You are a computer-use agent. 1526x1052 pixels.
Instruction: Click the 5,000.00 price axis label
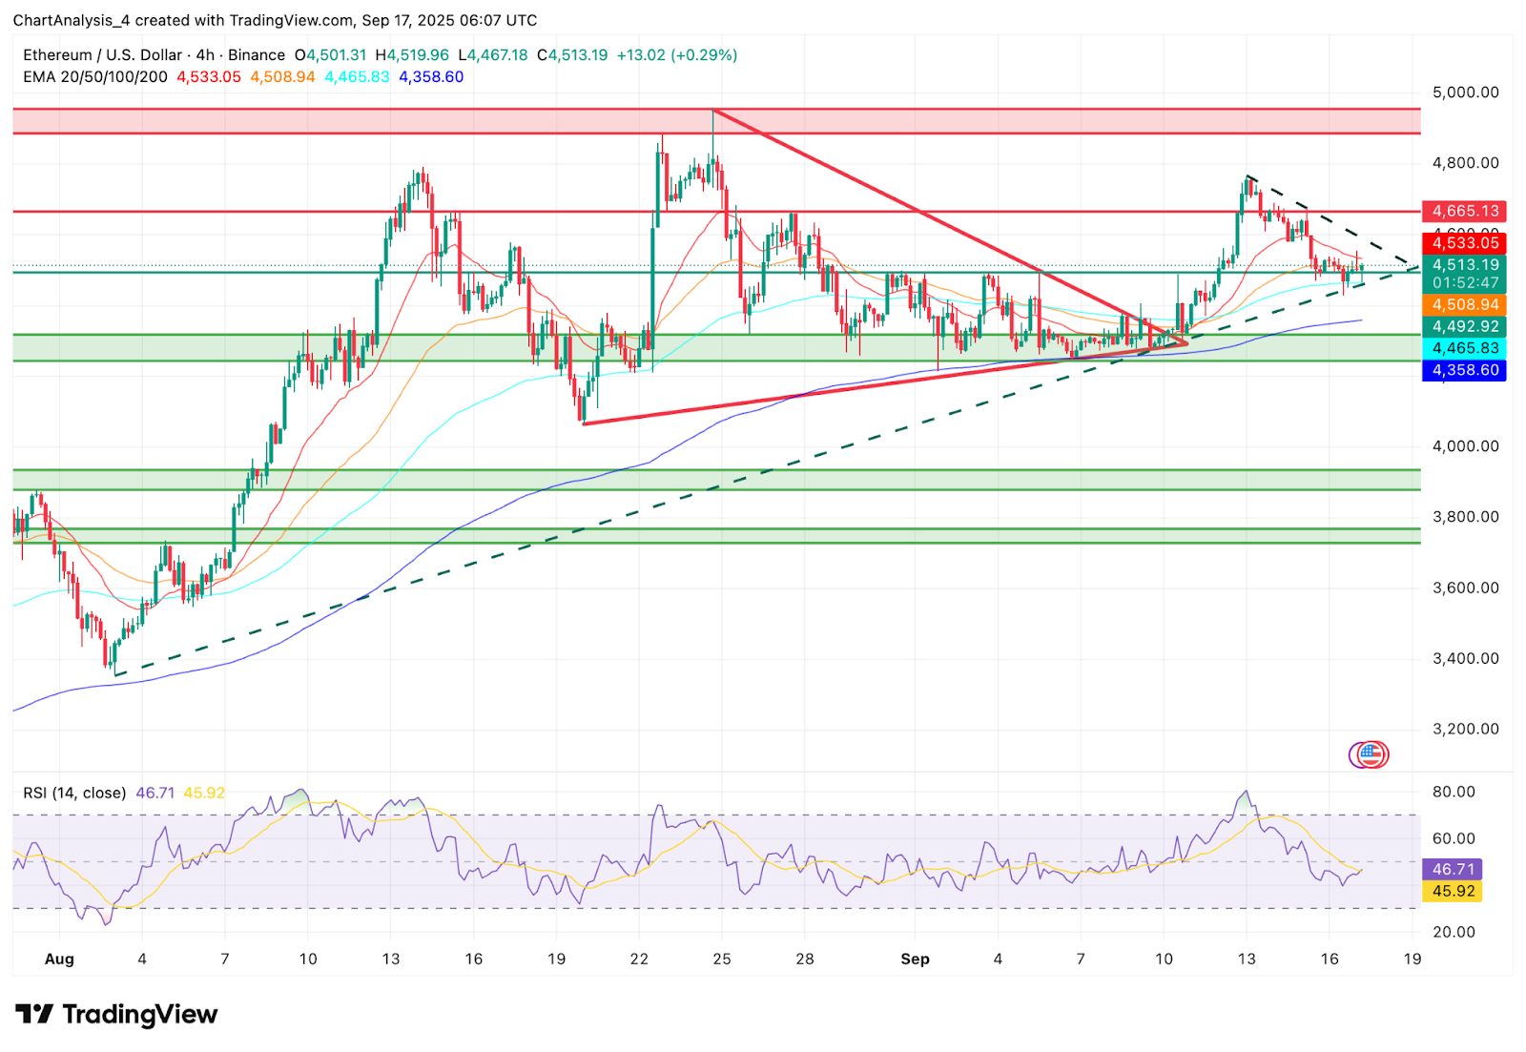1465,93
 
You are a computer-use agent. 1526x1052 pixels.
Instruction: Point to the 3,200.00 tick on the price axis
1465,729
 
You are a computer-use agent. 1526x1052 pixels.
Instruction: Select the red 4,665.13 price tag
1464,211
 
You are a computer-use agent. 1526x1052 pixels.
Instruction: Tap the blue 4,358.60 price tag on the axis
1464,370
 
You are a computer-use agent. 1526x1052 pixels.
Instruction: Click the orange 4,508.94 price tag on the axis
1464,305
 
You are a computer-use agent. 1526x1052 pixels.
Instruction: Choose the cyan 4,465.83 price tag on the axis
1464,349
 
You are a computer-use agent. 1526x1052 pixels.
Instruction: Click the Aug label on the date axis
59,959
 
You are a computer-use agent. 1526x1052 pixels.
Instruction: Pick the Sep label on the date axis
915,959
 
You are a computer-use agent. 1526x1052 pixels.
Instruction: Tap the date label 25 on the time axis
722,959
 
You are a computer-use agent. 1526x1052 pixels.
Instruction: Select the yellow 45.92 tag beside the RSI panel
1454,891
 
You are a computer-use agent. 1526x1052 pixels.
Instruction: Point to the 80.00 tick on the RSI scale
1454,792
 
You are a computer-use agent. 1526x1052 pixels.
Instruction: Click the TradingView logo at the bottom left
116,1014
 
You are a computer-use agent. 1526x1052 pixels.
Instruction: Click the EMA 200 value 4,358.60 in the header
431,76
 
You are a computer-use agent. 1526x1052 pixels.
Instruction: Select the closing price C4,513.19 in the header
572,55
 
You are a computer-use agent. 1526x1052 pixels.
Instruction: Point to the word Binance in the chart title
256,55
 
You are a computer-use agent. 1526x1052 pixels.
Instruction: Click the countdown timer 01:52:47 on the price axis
1464,283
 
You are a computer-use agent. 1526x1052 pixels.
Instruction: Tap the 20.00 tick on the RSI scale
1454,932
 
